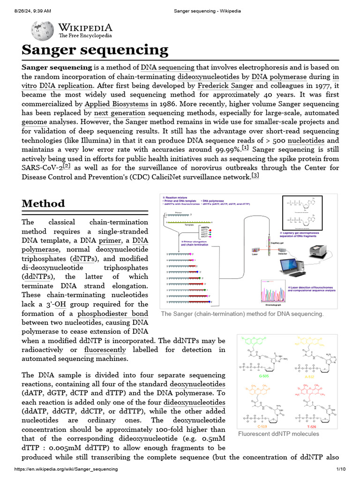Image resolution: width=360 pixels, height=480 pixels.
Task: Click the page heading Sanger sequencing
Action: pyautogui.click(x=95, y=50)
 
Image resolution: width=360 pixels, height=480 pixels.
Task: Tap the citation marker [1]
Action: pyautogui.click(x=246, y=148)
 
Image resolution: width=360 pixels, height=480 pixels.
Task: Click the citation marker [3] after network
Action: pyautogui.click(x=255, y=175)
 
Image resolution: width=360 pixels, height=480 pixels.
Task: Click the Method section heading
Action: pyautogui.click(x=44, y=203)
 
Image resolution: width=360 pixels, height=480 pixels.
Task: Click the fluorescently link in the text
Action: pyautogui.click(x=105, y=349)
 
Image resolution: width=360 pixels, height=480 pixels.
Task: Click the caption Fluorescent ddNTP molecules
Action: pyautogui.click(x=278, y=434)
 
